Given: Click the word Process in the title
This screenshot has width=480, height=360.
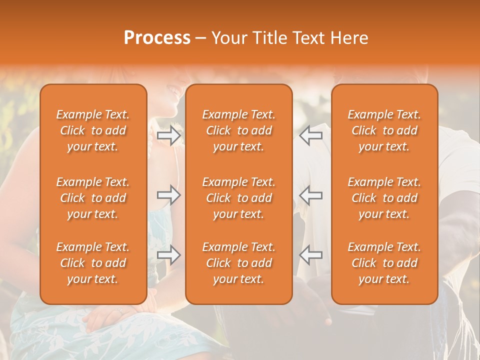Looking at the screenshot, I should click(x=157, y=38).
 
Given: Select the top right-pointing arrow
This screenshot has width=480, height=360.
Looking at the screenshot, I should click(x=169, y=135).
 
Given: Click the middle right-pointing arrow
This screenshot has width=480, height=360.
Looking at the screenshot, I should click(x=169, y=195).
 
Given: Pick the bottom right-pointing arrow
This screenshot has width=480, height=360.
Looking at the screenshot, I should click(x=169, y=254).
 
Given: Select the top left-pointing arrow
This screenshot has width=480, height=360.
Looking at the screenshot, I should click(x=310, y=135).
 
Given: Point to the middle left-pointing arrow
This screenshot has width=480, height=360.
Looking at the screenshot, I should click(x=310, y=195).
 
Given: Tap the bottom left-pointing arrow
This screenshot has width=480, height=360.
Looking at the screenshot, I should click(x=310, y=254).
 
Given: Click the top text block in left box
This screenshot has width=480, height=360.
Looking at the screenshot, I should click(x=93, y=130).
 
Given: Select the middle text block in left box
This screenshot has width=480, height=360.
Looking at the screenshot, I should click(x=93, y=198).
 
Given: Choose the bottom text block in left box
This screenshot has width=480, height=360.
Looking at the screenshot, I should click(x=93, y=263).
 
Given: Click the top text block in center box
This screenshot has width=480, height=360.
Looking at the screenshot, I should click(x=238, y=130).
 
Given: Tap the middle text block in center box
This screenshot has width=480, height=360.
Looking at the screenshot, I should click(x=238, y=198).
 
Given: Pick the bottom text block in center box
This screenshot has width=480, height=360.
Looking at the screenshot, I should click(x=238, y=263).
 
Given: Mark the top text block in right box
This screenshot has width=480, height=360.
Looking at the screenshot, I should click(x=384, y=130).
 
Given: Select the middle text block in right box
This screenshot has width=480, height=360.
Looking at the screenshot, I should click(x=384, y=198).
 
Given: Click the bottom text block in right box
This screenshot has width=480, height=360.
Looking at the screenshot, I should click(x=384, y=263).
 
